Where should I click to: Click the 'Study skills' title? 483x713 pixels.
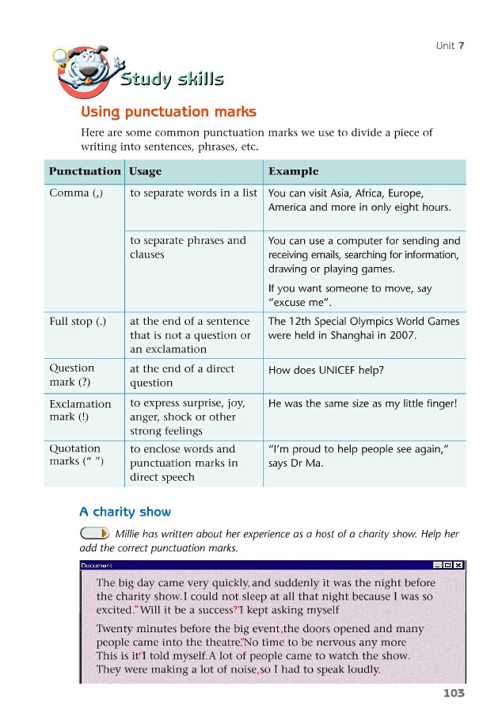tap(171, 79)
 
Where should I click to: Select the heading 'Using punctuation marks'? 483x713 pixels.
tap(169, 112)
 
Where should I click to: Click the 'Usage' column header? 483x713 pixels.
tap(145, 171)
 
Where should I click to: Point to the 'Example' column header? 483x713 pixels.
tap(293, 171)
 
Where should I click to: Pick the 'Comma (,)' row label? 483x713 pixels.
tap(75, 193)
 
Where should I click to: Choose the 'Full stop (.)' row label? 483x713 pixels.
tap(78, 321)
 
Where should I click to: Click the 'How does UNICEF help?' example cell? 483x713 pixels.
tap(331, 370)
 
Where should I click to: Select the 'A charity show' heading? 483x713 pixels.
tap(125, 511)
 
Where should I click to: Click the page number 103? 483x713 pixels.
tap(454, 693)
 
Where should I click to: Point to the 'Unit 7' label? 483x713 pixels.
tap(450, 45)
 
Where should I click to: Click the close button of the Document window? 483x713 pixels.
tap(458, 565)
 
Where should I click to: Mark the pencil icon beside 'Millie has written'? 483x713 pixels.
tap(94, 532)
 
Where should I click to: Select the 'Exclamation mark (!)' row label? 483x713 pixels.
tap(80, 410)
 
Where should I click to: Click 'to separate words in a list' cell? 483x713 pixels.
tap(193, 193)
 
